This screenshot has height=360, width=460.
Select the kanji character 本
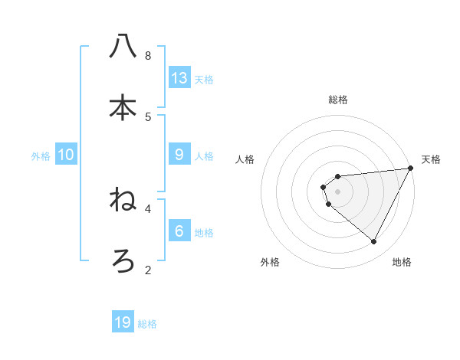123,106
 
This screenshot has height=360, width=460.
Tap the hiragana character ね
123,201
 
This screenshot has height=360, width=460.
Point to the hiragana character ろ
123,261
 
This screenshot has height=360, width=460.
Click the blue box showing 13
179,77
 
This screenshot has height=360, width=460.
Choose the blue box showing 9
179,155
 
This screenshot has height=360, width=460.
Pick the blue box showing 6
179,231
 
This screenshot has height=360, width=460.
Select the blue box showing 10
66,155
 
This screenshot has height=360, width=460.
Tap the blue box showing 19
123,322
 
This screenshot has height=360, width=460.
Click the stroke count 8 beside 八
147,55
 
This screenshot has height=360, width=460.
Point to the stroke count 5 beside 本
147,116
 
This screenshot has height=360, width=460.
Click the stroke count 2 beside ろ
147,270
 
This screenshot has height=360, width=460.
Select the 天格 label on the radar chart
431,159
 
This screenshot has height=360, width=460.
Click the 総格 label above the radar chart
337,100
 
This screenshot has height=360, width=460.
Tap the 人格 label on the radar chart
245,159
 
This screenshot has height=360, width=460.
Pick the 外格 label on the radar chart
270,262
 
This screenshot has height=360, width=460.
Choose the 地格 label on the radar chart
402,262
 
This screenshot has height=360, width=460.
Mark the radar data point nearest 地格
374,242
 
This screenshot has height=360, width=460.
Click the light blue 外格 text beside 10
41,155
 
